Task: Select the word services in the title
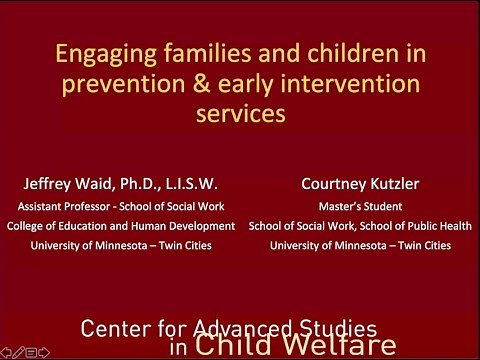[240, 113]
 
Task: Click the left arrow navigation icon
[6, 352]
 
